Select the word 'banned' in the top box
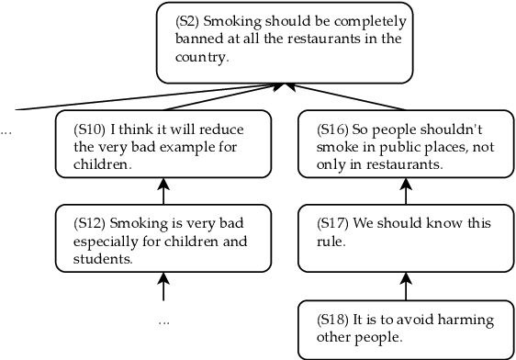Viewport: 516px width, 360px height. pyautogui.click(x=197, y=38)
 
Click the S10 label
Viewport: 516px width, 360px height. pyautogui.click(x=91, y=129)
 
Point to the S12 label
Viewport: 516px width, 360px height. pyautogui.click(x=90, y=223)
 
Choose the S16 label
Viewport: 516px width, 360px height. pyautogui.click(x=333, y=129)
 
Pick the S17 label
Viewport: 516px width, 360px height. pyautogui.click(x=333, y=223)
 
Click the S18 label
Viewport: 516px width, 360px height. pyautogui.click(x=333, y=320)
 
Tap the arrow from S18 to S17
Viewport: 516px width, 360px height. pyautogui.click(x=406, y=287)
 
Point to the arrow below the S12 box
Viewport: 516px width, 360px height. pyautogui.click(x=163, y=287)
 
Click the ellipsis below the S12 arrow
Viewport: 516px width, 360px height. pyautogui.click(x=163, y=322)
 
